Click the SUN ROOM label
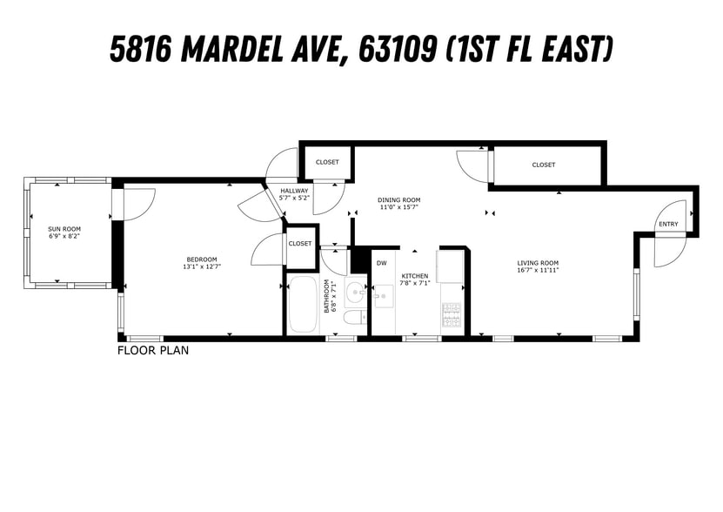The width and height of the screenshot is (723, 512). point(64,229)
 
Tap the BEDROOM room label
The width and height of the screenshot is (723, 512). point(202,259)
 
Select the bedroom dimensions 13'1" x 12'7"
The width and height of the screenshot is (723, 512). point(202,267)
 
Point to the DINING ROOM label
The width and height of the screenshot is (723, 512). point(398,199)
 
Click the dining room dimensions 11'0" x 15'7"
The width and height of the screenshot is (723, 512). point(398,207)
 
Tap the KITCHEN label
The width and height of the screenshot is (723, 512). point(414,275)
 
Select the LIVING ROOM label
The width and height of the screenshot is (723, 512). point(538,263)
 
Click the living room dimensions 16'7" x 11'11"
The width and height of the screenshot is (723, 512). point(538,271)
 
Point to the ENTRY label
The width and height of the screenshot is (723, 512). point(668,225)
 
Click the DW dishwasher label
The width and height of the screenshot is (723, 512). point(381,262)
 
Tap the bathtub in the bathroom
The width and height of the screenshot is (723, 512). point(303,304)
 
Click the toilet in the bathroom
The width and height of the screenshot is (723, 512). point(354,317)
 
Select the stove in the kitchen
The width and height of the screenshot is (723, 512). point(452,317)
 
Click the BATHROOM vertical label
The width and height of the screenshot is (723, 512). point(329,296)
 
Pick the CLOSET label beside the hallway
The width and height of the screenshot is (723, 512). point(327,162)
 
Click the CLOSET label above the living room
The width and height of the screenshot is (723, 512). point(544,165)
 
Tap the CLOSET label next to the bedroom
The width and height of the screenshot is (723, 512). point(300,244)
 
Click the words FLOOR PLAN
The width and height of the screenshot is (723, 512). point(153,351)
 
